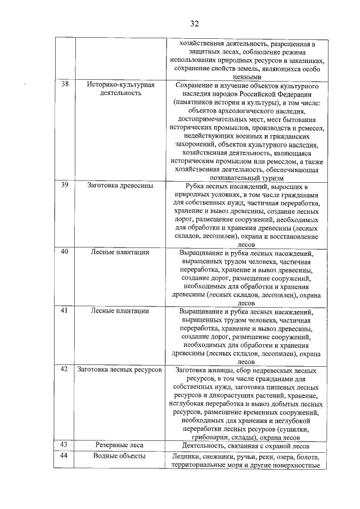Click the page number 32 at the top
(195, 23)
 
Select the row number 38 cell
(65, 84)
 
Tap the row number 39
(65, 185)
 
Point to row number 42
(65, 370)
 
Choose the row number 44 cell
(65, 456)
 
